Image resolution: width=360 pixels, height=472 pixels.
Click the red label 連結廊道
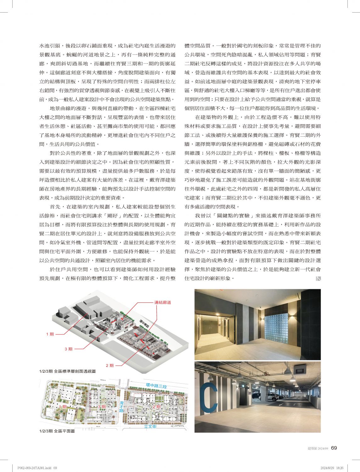point(163,302)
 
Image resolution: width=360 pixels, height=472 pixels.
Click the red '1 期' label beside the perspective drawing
point(50,334)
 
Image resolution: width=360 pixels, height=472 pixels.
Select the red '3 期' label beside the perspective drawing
point(69,349)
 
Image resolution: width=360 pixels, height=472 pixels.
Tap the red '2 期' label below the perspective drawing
point(110,366)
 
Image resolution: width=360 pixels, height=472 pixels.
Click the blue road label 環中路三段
point(156,385)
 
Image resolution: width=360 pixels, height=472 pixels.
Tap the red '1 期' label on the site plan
point(63,407)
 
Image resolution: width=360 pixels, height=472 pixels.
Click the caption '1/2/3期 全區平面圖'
point(57,431)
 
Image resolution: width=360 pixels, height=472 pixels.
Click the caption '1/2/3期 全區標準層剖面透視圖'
point(67,371)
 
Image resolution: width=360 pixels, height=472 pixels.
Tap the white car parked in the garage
point(272,396)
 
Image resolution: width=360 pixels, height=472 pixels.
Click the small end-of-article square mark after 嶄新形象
point(318,278)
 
